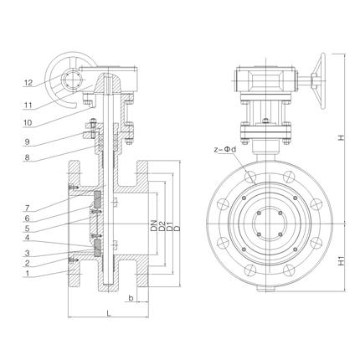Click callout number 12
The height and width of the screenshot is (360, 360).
[28, 83]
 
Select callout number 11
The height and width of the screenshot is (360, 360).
[28, 105]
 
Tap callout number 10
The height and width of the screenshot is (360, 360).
[28, 123]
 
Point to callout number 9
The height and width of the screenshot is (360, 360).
[27, 141]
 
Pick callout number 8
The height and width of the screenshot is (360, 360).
[27, 157]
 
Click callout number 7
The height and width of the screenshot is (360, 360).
[27, 208]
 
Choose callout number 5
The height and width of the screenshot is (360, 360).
[27, 229]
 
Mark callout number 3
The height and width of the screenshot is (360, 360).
[27, 254]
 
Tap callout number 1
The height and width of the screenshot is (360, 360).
[27, 274]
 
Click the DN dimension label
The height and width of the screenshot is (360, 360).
[154, 226]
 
